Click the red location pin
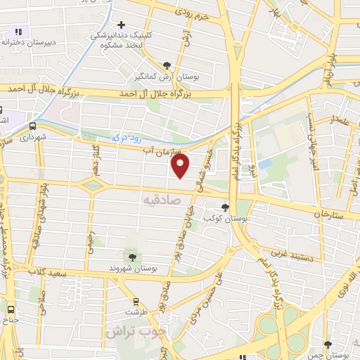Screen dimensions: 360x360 [181, 166]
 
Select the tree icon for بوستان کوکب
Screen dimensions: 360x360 [225, 207]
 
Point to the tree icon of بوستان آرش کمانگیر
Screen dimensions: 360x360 [166, 64]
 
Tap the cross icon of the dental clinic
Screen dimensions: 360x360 [122, 25]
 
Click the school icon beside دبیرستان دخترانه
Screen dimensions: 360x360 [18, 32]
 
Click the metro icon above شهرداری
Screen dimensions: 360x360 [32, 125]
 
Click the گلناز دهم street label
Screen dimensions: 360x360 [95, 155]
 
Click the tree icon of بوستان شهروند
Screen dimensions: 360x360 [131, 256]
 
